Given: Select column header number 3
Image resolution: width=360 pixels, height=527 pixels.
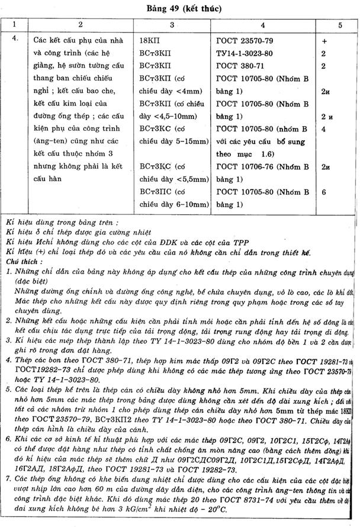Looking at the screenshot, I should (x=172, y=26).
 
